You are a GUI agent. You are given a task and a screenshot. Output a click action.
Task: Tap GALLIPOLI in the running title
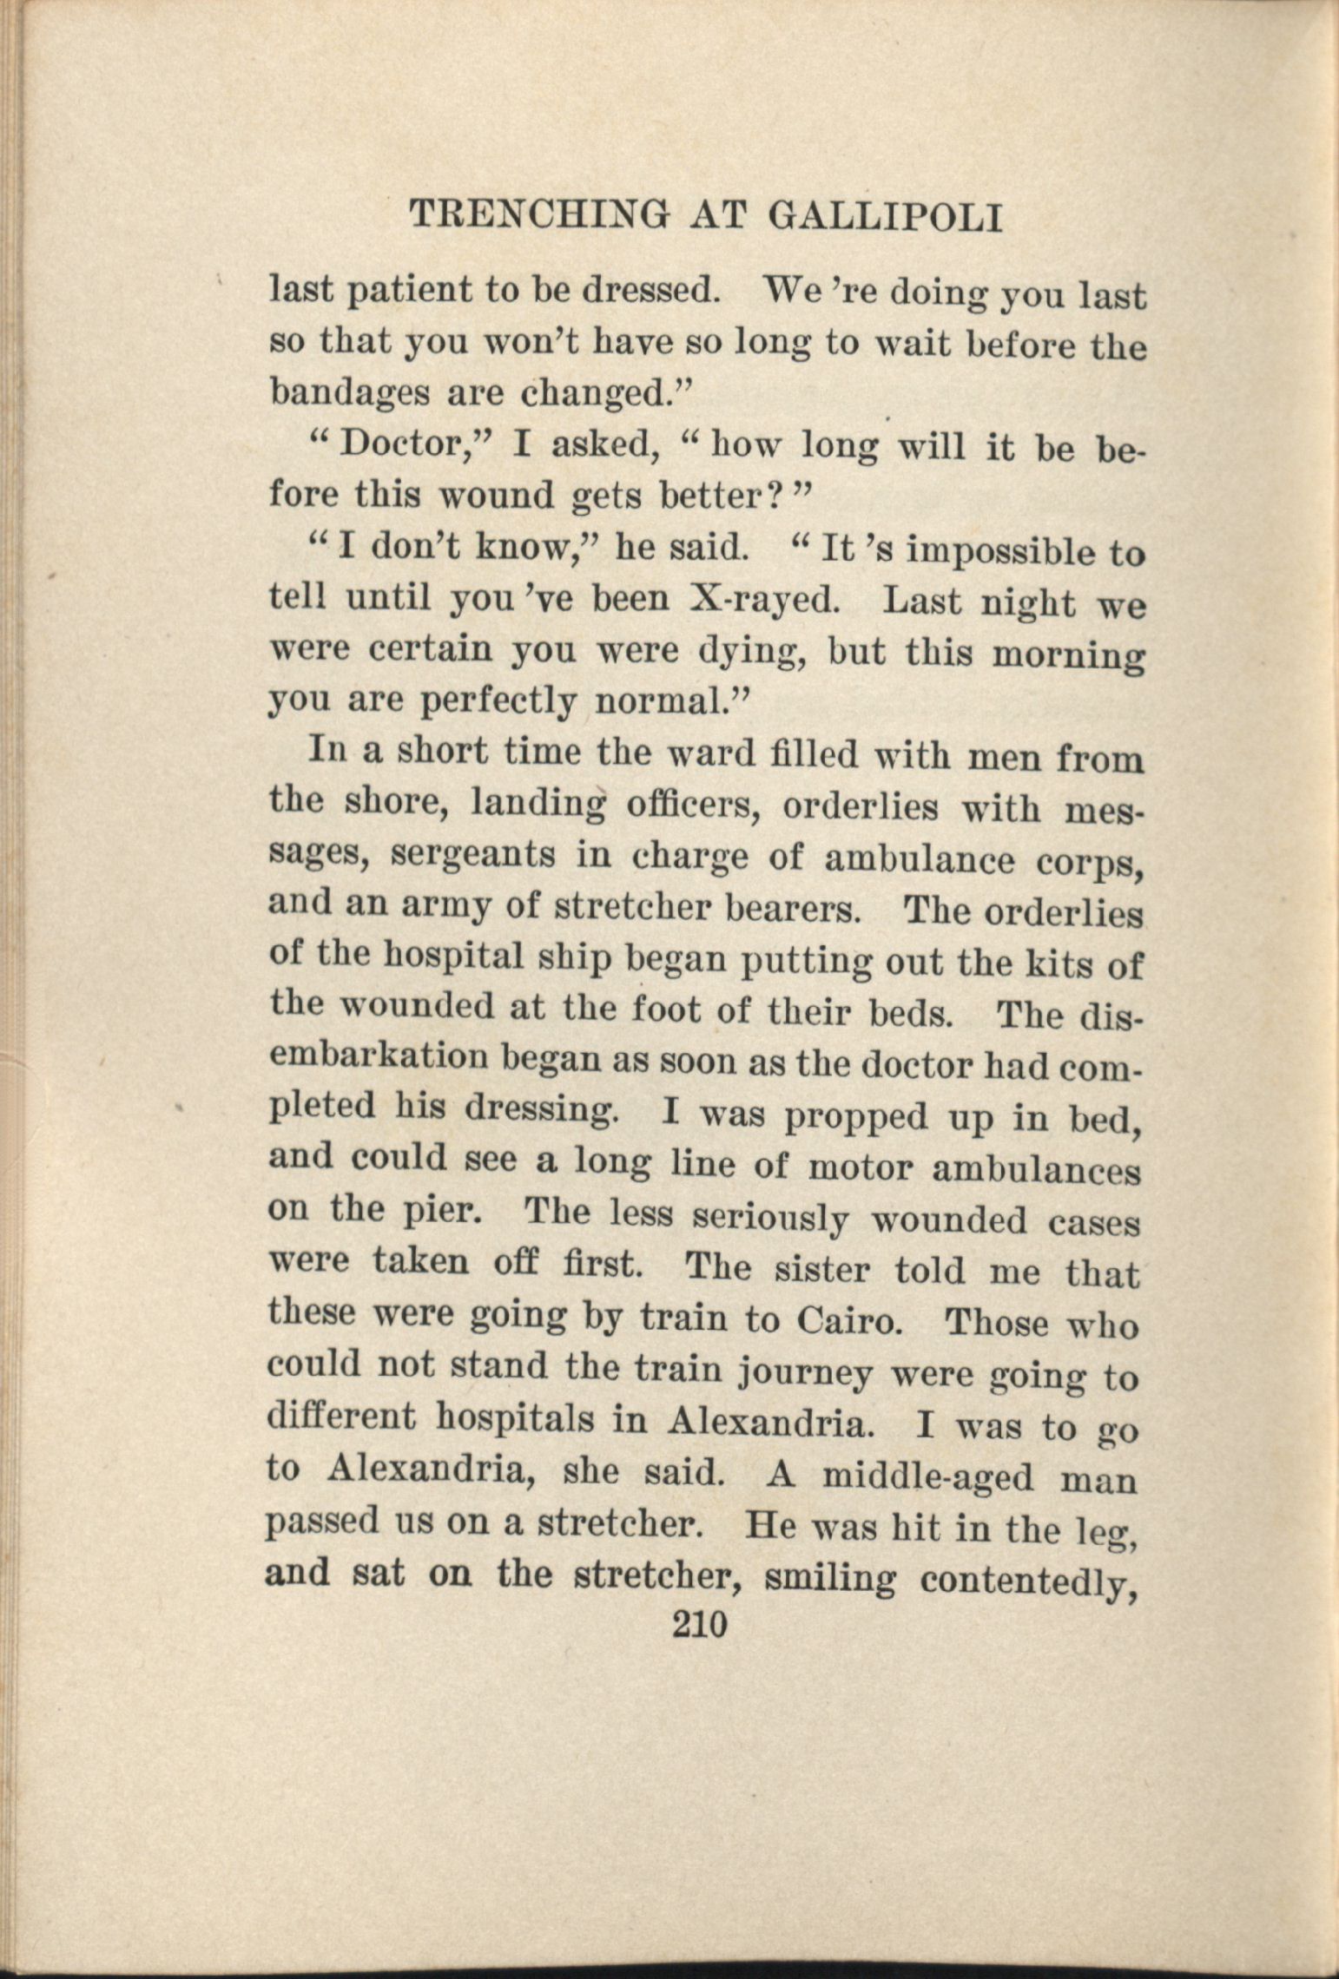click(x=886, y=217)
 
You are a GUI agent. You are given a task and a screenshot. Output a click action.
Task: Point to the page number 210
click(x=698, y=1624)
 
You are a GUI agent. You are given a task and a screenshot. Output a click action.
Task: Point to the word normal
click(x=669, y=701)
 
